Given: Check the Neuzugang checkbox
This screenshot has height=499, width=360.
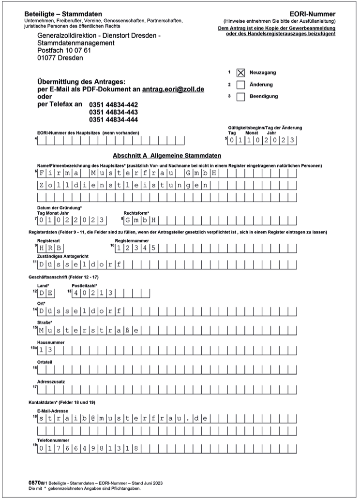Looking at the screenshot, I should pos(240,73).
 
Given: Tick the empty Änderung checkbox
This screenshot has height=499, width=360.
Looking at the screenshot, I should pos(240,85).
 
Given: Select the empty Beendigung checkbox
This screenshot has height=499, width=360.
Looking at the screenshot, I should pos(240,97).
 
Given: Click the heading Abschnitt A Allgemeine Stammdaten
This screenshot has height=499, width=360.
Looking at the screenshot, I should pos(166,156).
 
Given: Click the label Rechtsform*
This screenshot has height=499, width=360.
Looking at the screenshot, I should pos(136,213).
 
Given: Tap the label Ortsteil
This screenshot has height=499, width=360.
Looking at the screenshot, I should pos(45,362).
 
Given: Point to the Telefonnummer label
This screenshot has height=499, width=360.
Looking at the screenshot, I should pos(53,440).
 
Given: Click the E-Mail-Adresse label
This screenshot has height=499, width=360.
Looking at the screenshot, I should pos(53,411).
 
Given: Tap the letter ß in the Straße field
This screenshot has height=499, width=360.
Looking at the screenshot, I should pos(128,331).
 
